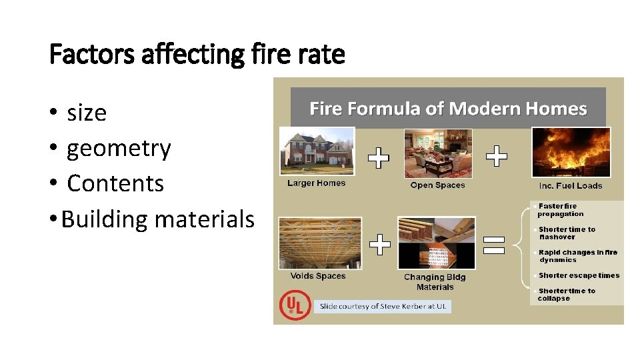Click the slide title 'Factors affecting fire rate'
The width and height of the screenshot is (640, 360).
(197, 54)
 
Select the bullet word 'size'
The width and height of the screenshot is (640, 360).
(87, 113)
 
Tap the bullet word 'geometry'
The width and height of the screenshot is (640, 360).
(119, 148)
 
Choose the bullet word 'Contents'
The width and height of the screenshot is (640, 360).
(115, 183)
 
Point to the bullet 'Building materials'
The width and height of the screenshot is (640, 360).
(158, 219)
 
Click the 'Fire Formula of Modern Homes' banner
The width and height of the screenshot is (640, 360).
(448, 109)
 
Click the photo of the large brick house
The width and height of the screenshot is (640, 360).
(317, 151)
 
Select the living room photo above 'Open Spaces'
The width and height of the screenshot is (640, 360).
(438, 154)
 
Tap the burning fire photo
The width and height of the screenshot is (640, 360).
(570, 152)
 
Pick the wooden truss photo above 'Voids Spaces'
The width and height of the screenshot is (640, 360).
(319, 242)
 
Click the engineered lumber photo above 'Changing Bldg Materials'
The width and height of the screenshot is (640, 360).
(436, 243)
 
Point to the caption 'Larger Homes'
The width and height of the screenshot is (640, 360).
(317, 183)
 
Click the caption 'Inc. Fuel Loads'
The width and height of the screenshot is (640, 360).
(570, 185)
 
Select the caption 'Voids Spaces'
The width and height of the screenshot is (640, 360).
(318, 276)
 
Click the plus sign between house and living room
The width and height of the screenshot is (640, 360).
(378, 158)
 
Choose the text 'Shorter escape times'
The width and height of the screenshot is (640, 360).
(579, 275)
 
